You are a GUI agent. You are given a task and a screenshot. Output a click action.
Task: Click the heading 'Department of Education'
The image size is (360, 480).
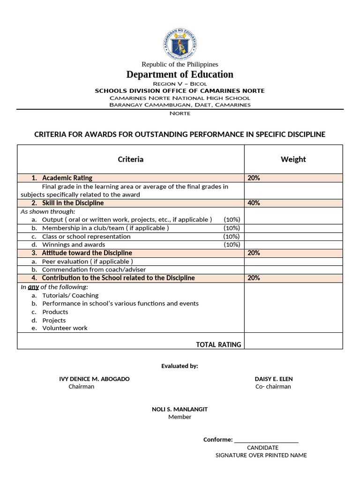(x=180, y=75)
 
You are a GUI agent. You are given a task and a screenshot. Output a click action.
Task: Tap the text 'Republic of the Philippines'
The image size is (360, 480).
(x=180, y=64)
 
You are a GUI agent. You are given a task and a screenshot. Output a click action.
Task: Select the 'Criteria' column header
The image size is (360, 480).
(x=130, y=159)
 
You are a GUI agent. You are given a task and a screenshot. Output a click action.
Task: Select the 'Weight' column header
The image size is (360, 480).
(x=293, y=159)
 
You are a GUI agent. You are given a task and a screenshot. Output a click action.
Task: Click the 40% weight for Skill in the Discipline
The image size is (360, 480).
(x=254, y=203)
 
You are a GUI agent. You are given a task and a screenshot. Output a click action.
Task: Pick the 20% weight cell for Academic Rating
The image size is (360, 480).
(x=254, y=178)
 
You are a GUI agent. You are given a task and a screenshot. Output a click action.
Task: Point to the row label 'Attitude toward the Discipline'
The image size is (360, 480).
(x=87, y=253)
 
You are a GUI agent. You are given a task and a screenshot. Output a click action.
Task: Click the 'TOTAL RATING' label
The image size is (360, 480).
(x=218, y=345)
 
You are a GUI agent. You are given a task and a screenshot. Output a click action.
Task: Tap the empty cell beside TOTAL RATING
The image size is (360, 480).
(x=293, y=341)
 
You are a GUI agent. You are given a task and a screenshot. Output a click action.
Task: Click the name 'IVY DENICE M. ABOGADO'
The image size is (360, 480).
(x=94, y=379)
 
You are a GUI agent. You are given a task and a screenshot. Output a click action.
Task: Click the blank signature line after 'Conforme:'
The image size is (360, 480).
(x=266, y=440)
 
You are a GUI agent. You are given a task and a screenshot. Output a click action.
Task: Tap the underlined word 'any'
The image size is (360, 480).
(x=33, y=287)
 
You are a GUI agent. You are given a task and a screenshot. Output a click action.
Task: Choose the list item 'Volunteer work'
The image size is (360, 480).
(x=65, y=328)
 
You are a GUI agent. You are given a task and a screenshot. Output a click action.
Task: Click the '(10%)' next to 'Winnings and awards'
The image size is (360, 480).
(x=232, y=245)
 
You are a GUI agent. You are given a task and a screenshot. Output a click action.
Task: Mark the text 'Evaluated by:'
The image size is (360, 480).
(x=180, y=366)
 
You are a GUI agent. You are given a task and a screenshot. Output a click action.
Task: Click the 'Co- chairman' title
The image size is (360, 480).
(x=273, y=387)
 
